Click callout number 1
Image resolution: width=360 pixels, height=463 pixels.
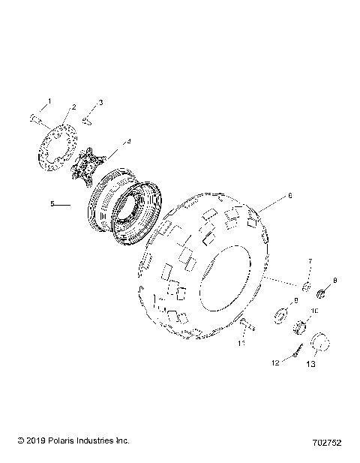tap(51, 101)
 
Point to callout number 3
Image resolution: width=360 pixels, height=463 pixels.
tap(101, 102)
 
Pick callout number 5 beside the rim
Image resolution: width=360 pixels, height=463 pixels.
tap(52, 203)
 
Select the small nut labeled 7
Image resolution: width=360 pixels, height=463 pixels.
tap(307, 287)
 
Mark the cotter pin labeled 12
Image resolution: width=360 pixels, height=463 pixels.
tap(297, 350)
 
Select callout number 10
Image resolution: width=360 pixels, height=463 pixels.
tap(315, 310)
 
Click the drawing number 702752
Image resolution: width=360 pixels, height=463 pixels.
tap(327, 443)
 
